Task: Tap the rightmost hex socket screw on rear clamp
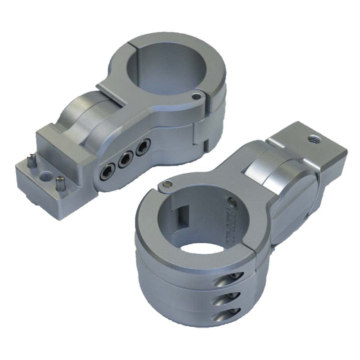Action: (143, 147)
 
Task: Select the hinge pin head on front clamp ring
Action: (167, 183)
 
